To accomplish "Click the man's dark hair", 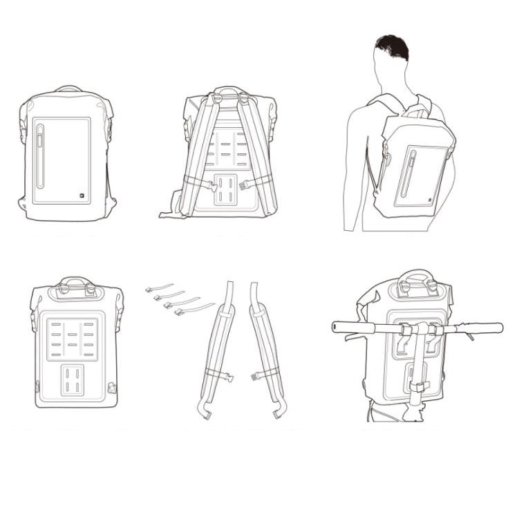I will click(x=392, y=47).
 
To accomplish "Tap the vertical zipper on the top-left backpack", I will click(x=39, y=156).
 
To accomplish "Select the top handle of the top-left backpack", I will click(x=68, y=88).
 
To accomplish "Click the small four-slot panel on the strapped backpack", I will click(x=224, y=189).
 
